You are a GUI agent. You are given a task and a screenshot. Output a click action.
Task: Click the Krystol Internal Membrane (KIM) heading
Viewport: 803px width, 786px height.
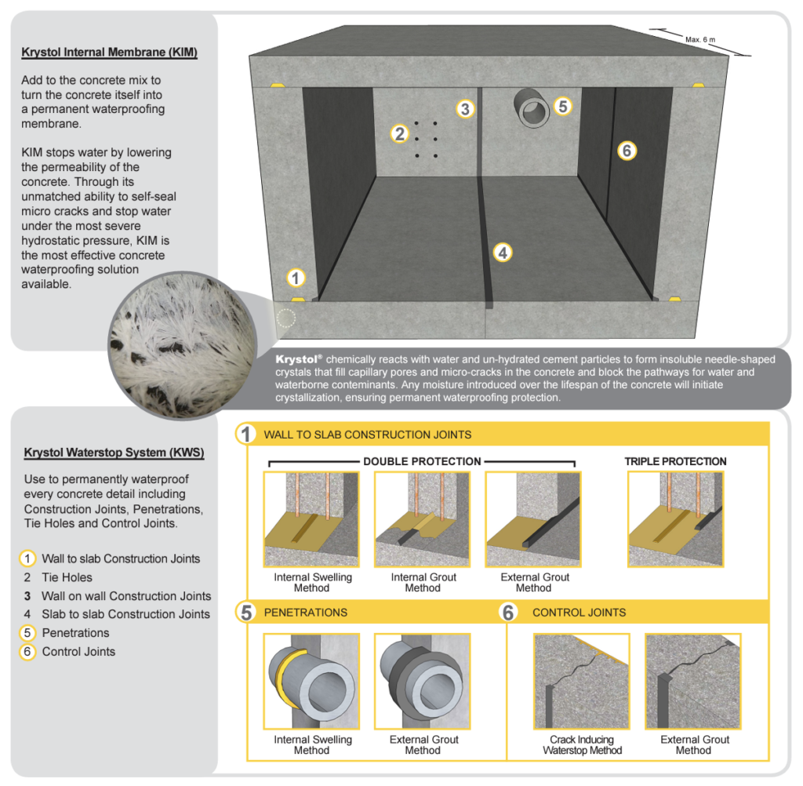tap(109, 53)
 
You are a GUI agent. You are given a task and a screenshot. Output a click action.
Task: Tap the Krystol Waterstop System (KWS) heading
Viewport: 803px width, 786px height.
tap(114, 453)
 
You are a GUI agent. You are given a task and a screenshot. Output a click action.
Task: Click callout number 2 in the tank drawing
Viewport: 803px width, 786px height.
tap(400, 134)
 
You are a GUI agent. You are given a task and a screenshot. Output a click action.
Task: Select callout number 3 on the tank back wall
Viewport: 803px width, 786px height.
tap(465, 109)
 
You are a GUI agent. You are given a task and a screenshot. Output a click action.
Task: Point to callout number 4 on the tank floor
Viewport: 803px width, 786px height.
tap(502, 252)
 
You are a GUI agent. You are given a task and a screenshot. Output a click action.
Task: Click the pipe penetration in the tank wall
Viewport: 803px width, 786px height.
tap(533, 107)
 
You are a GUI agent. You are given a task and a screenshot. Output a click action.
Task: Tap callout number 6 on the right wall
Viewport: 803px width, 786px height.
tap(626, 150)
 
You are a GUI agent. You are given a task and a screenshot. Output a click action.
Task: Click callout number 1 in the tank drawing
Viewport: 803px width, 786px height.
tap(295, 277)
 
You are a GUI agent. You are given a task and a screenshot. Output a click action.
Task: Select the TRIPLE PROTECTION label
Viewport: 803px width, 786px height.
tap(675, 461)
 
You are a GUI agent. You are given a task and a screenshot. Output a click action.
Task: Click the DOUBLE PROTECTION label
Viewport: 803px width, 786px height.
tap(422, 461)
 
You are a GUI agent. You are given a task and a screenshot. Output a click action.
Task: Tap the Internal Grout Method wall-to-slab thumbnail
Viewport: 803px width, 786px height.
tap(422, 519)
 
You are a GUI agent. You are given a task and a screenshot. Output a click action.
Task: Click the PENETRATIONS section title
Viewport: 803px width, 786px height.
tap(306, 612)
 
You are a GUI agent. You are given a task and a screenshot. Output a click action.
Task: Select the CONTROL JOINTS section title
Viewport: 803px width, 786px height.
tap(579, 612)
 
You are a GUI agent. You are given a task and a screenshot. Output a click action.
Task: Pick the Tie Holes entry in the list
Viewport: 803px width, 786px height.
tap(67, 577)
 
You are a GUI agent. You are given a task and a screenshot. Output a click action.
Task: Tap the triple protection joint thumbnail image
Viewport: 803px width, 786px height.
tap(675, 519)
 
